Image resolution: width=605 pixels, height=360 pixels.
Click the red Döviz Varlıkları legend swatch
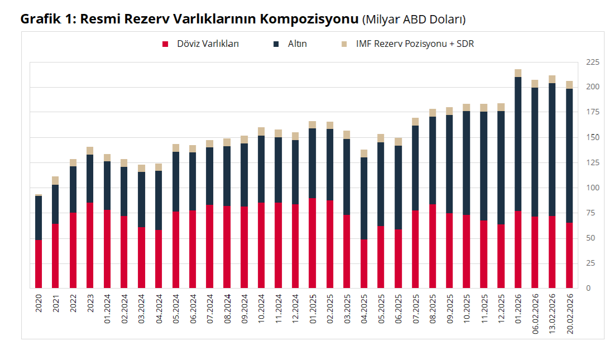[165, 44]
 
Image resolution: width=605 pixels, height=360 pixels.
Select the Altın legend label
[297, 44]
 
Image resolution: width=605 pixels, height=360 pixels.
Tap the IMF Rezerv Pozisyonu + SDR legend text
[415, 44]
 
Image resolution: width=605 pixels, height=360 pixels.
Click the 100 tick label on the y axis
[591, 188]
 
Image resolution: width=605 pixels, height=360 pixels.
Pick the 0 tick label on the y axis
[588, 288]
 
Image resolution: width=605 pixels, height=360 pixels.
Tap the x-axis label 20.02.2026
[569, 315]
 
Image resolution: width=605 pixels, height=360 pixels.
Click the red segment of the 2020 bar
[39, 264]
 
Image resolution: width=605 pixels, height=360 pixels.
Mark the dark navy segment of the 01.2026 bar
[518, 143]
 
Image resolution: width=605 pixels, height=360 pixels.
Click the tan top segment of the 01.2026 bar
[518, 73]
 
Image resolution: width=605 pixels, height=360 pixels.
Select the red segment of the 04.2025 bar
[364, 264]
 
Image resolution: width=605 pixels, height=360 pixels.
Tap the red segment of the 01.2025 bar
[313, 243]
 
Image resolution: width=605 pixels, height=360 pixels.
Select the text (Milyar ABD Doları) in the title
[414, 20]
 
